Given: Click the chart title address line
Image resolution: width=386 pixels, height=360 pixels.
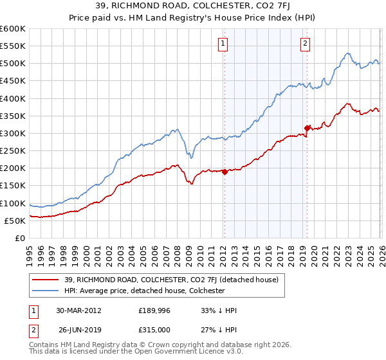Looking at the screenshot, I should click(x=193, y=6).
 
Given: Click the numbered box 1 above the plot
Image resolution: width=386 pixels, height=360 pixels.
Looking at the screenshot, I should click(x=223, y=44).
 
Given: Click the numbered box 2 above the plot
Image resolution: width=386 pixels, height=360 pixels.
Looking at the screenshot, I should click(x=304, y=44).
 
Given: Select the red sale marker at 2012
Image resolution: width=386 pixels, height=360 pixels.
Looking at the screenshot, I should click(x=225, y=172).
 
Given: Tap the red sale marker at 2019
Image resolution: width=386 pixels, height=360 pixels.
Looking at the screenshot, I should click(x=307, y=128).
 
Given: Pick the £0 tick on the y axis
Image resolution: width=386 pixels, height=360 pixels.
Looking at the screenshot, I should click(x=21, y=238).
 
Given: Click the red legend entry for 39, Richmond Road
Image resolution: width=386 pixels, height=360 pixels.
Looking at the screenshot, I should click(x=170, y=280).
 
